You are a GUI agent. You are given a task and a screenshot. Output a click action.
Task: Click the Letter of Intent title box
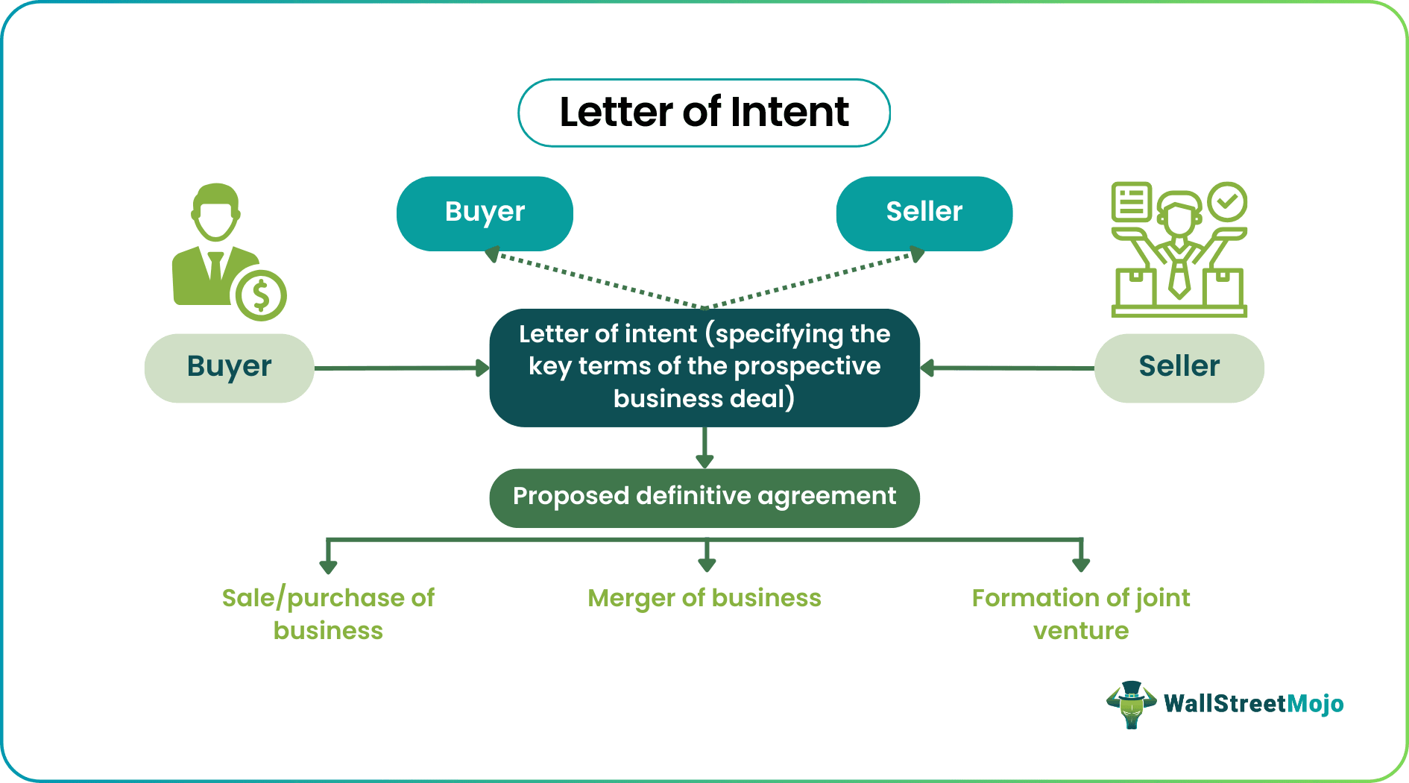pos(704,113)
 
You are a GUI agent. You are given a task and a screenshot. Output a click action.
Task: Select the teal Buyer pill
pos(485,213)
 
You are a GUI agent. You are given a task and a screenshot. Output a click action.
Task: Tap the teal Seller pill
pos(924,213)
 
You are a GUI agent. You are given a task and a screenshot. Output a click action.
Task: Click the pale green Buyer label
pos(229,368)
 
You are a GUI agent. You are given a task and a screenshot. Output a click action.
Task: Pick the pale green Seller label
pos(1179,368)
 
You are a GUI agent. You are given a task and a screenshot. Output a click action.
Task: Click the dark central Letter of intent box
pos(704,367)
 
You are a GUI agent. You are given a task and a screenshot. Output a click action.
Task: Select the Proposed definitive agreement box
pos(704,497)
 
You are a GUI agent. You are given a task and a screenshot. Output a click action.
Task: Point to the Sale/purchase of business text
pos(328,614)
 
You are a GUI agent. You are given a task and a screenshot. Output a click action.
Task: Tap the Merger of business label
pos(704,598)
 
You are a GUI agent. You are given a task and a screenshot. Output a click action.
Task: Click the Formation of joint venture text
pos(1080,614)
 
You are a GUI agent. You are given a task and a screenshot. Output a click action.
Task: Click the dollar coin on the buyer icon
pos(261,296)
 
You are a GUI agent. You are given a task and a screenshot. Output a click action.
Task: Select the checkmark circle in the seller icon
pos(1227,201)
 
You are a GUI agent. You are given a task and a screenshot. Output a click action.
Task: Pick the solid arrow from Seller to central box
pos(1006,368)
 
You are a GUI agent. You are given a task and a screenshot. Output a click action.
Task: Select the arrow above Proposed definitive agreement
pos(704,447)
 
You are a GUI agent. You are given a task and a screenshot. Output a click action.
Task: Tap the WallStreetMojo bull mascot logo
pos(1131,704)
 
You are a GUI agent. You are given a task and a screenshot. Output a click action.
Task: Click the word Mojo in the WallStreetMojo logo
pos(1315,704)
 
